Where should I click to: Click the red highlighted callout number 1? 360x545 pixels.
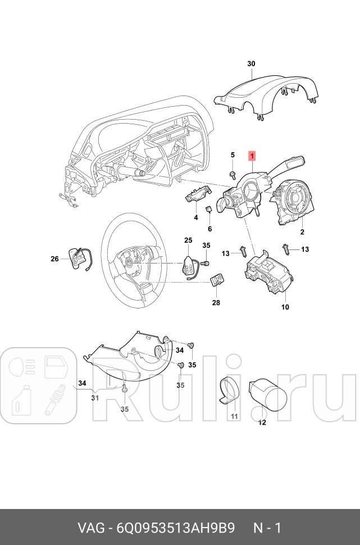coord(253,155)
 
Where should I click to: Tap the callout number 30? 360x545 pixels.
coord(251,64)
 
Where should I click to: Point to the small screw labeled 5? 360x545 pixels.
coord(232,175)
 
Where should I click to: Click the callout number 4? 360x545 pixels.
coord(195,217)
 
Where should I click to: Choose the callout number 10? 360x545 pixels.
coord(285,307)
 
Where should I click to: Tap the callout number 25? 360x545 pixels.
coord(188,240)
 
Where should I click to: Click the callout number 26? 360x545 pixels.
coord(54,259)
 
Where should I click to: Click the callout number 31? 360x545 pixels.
coord(95,398)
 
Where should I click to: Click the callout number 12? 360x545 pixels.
coord(262,423)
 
